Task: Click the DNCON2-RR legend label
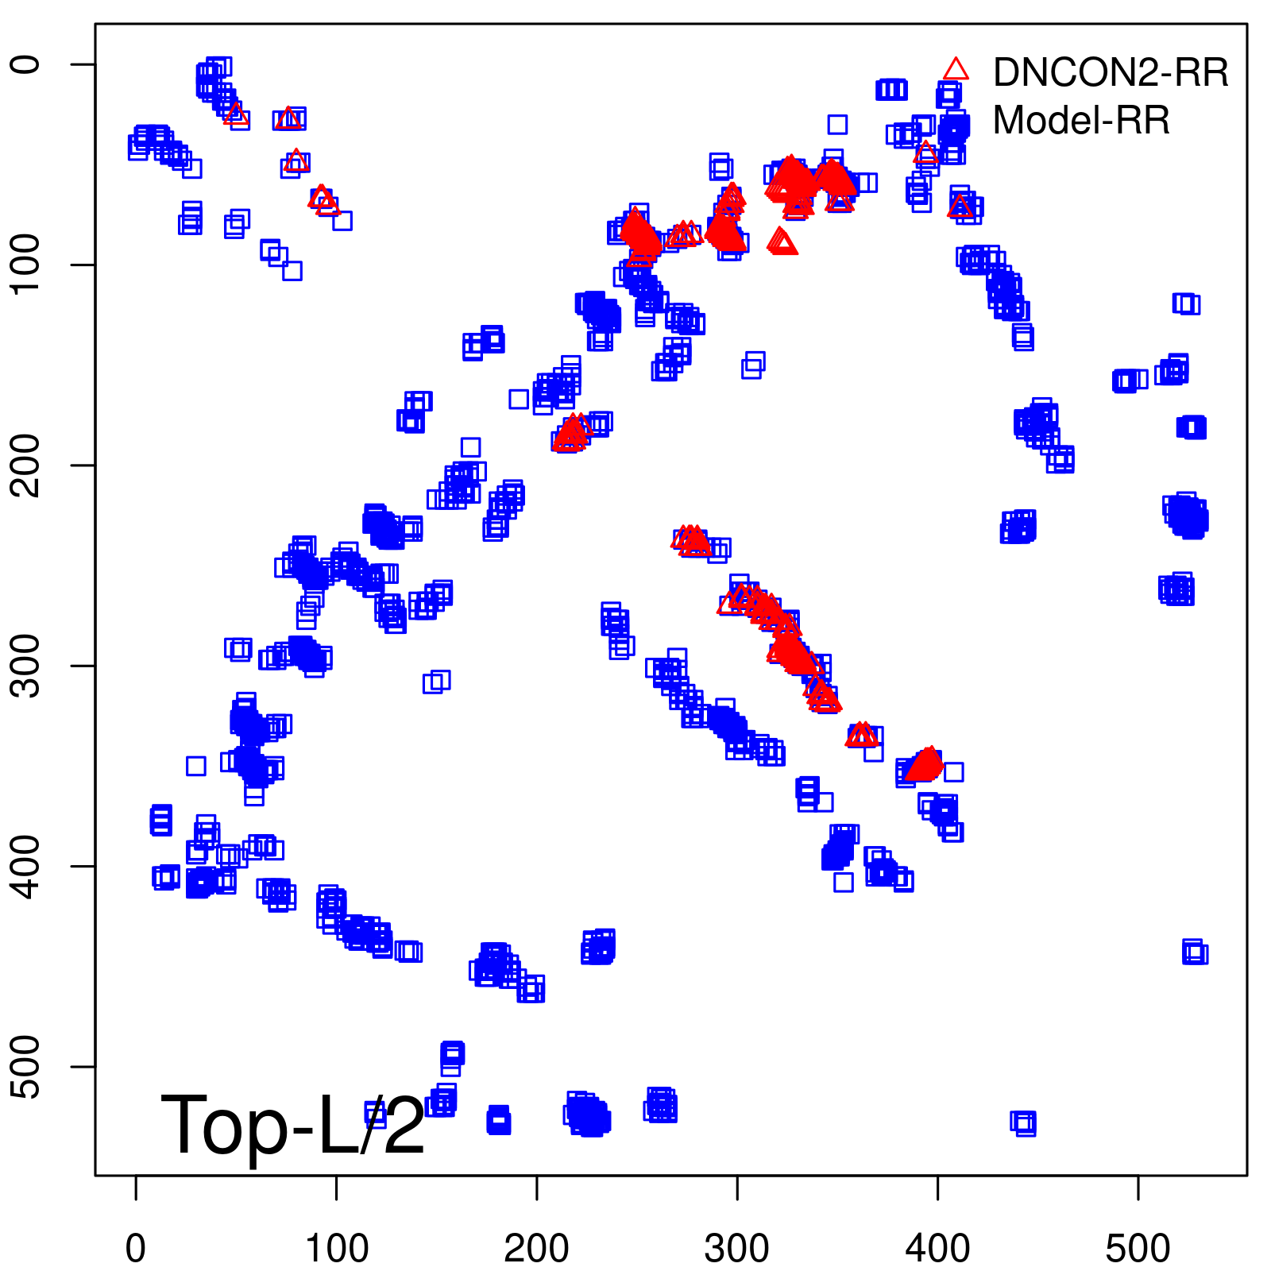[x=1110, y=73]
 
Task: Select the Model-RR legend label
[x=1080, y=121]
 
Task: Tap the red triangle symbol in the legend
[x=956, y=70]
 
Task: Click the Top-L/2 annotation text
[x=292, y=1125]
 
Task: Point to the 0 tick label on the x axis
[x=136, y=1249]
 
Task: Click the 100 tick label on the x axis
[x=337, y=1249]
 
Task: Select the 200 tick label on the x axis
[x=537, y=1249]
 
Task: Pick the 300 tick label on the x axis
[x=737, y=1249]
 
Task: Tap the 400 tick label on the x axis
[x=937, y=1249]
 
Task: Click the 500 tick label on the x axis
[x=1138, y=1249]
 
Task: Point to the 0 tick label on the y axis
[x=27, y=64]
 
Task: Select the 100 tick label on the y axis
[x=27, y=265]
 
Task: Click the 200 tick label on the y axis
[x=27, y=466]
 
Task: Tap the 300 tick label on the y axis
[x=27, y=666]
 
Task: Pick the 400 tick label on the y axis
[x=27, y=866]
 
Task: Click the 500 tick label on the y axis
[x=27, y=1067]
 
